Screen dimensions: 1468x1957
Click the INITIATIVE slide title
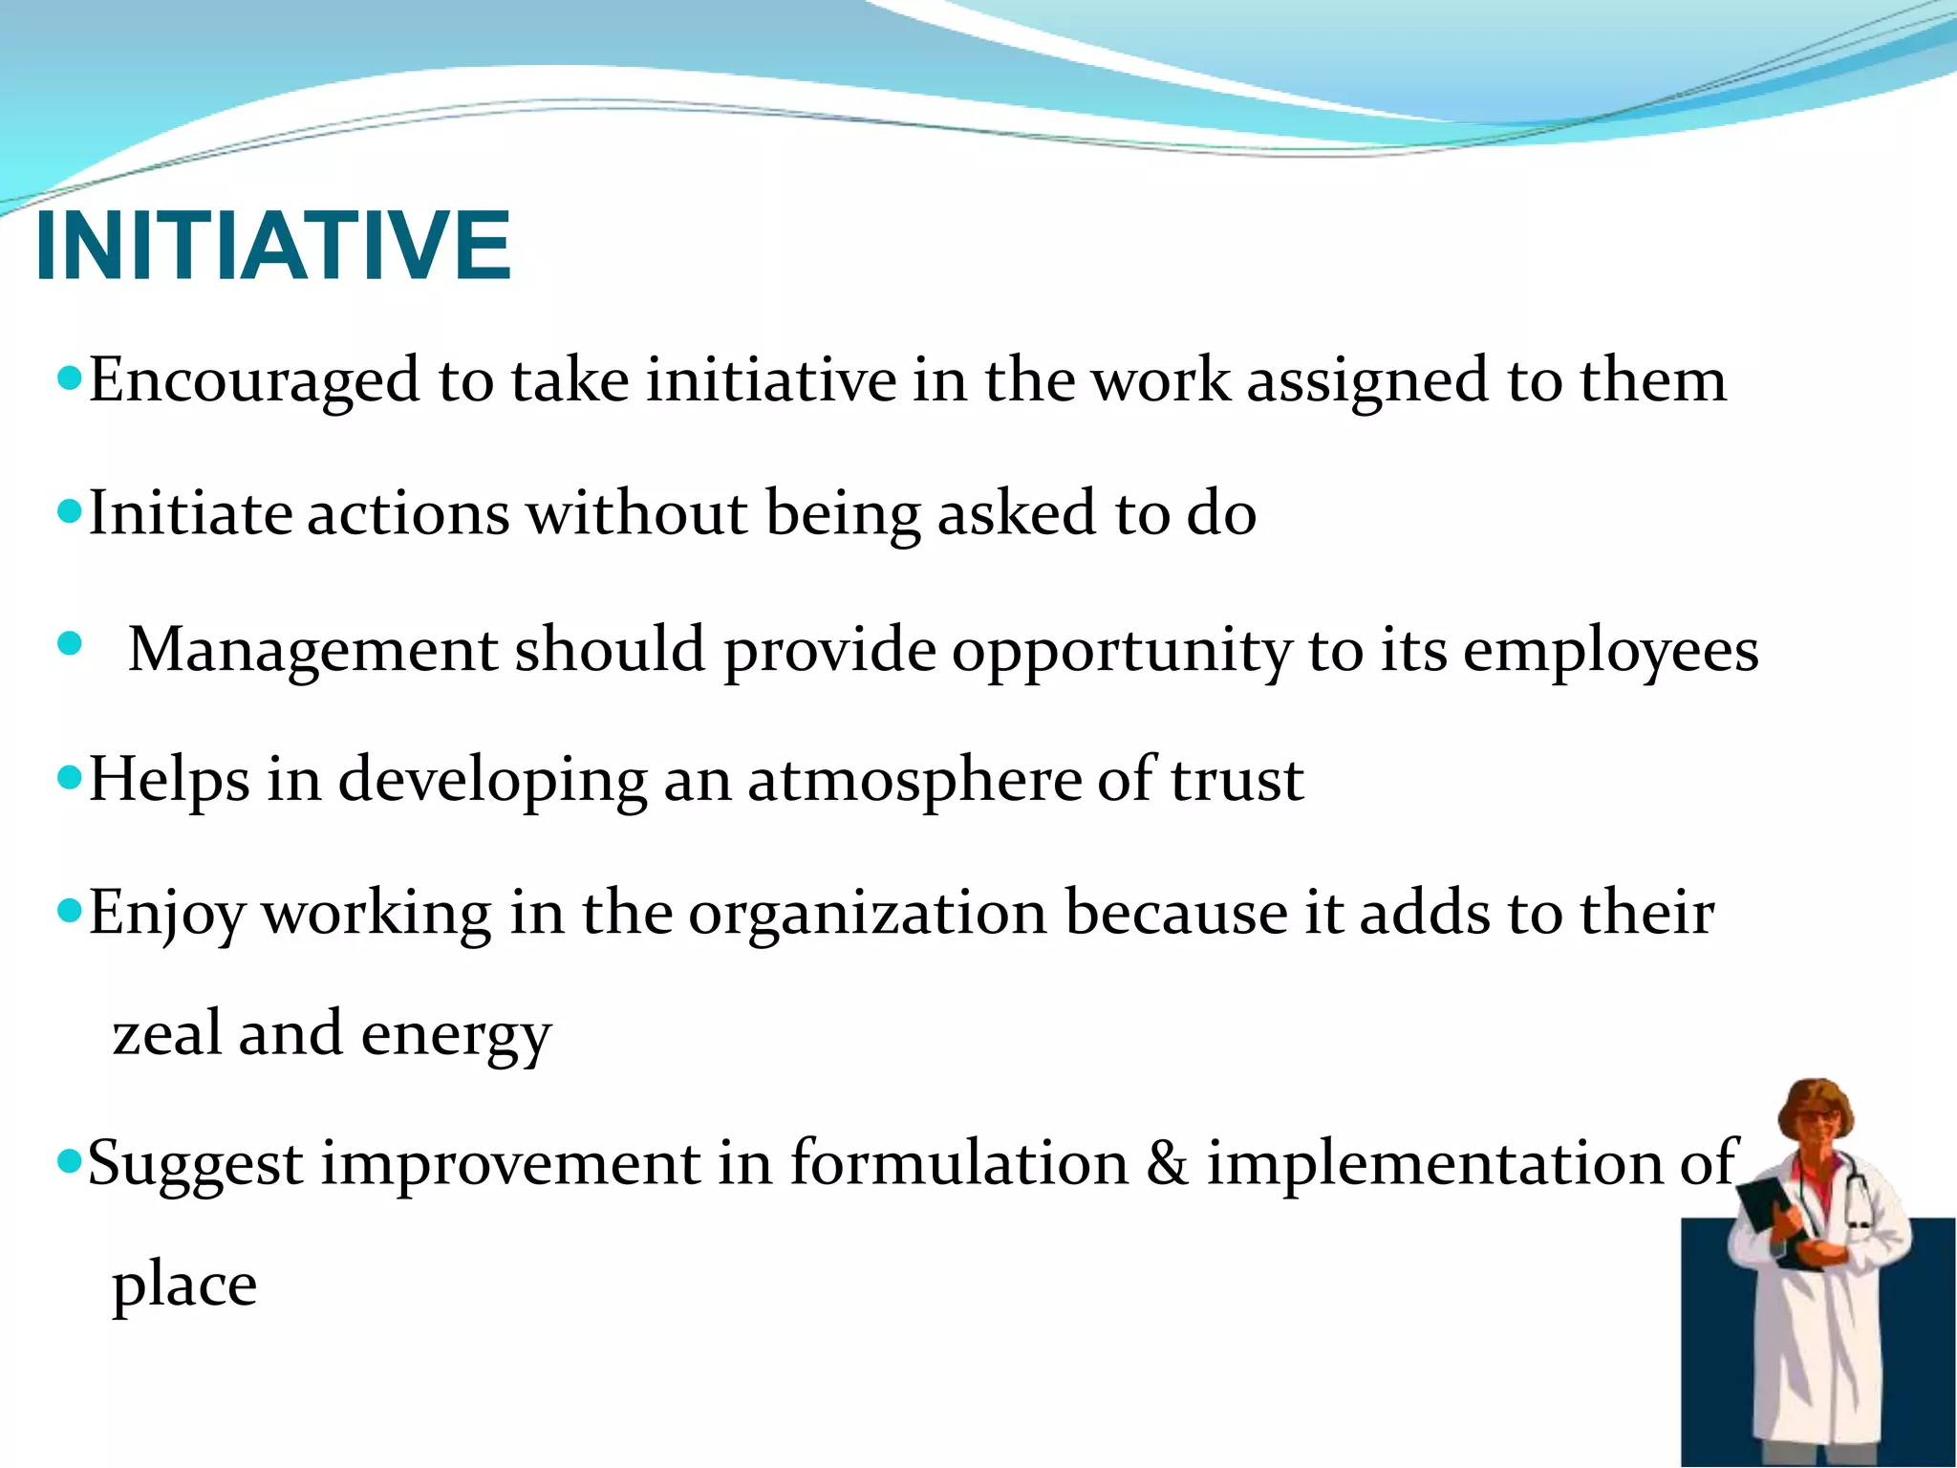(272, 247)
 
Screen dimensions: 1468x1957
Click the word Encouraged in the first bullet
(254, 380)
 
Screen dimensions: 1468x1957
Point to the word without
(636, 514)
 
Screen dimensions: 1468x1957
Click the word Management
(312, 650)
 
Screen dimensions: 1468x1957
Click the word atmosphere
(914, 780)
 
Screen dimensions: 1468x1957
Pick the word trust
(1237, 780)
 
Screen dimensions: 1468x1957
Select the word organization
(868, 914)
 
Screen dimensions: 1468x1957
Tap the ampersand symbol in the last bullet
(1167, 1163)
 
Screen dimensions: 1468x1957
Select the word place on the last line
(184, 1285)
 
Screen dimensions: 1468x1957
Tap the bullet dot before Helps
(70, 775)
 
